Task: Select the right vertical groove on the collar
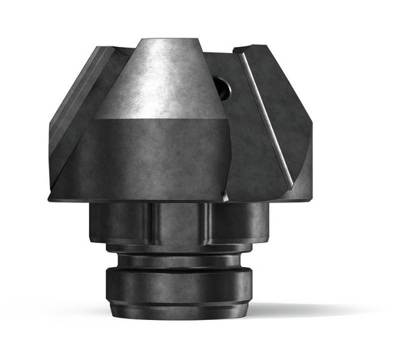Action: pyautogui.click(x=208, y=223)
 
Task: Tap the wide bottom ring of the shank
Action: pyautogui.click(x=178, y=285)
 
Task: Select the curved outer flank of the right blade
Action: pyautogui.click(x=296, y=138)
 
